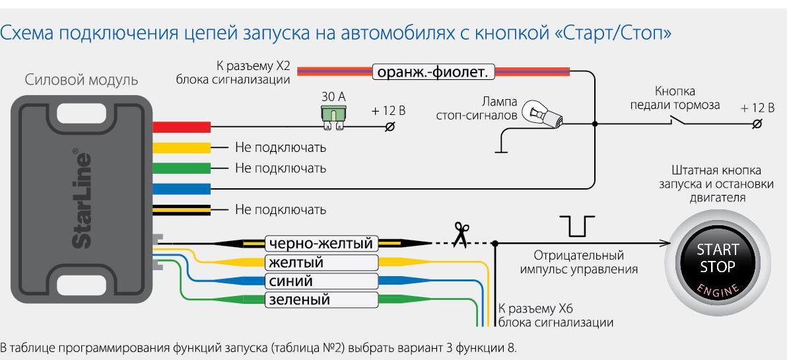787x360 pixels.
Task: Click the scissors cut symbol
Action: (461, 234)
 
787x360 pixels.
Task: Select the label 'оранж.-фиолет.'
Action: (433, 72)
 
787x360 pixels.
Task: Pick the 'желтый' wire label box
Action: (322, 263)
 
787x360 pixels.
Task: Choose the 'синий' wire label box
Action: (322, 281)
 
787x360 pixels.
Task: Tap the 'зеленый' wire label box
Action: (322, 300)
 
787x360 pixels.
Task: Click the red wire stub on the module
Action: (181, 127)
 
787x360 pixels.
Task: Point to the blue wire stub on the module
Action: (181, 189)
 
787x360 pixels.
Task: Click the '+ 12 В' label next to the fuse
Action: (388, 111)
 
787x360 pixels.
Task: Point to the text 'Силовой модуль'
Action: (81, 80)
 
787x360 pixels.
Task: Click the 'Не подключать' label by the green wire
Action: (281, 168)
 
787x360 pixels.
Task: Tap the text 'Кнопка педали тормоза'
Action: (675, 98)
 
